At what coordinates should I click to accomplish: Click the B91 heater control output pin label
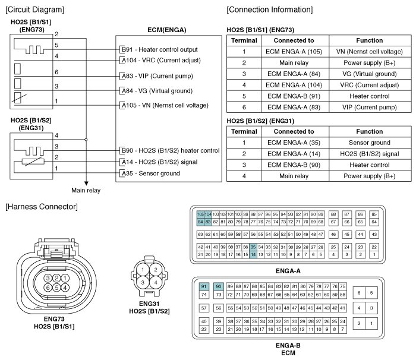pyautogui.click(x=159, y=49)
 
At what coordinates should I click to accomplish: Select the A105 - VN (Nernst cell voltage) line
pyautogui.click(x=164, y=105)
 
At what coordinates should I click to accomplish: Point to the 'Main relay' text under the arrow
pyautogui.click(x=86, y=191)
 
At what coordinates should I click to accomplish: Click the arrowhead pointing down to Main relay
pyautogui.click(x=87, y=182)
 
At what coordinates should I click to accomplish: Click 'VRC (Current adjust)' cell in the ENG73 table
pyautogui.click(x=369, y=85)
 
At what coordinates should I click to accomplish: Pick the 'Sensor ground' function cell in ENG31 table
pyautogui.click(x=369, y=143)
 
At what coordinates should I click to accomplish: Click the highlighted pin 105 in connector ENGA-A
pyautogui.click(x=201, y=213)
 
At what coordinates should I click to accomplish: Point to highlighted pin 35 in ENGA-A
pyautogui.click(x=253, y=247)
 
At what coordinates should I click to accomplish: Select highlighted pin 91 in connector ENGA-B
pyautogui.click(x=204, y=286)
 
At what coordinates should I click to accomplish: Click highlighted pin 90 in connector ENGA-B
pyautogui.click(x=219, y=286)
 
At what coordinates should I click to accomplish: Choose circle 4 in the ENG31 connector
pyautogui.click(x=155, y=283)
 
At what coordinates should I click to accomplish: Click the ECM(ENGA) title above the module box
pyautogui.click(x=166, y=30)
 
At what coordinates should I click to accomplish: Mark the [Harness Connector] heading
pyautogui.click(x=40, y=206)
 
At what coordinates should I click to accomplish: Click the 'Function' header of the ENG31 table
pyautogui.click(x=369, y=131)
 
